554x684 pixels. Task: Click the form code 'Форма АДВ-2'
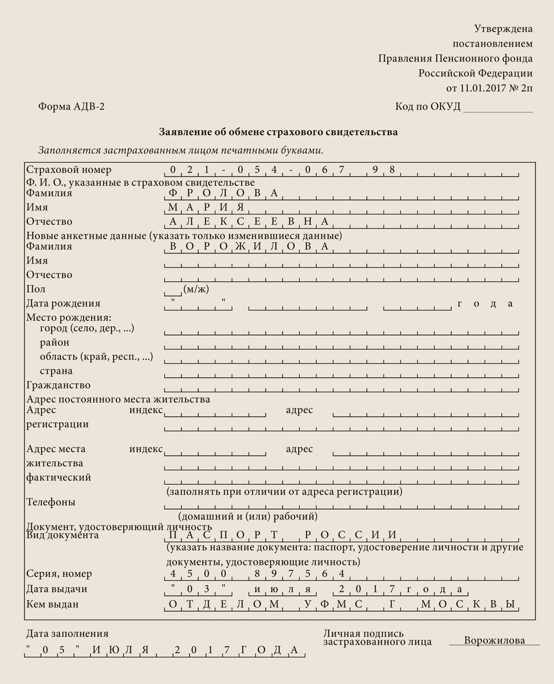coord(71,107)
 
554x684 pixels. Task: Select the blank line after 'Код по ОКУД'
coord(497,108)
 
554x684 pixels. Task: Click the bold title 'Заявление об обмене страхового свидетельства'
coord(278,132)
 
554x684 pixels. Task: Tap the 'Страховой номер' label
coord(69,170)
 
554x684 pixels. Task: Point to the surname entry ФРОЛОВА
coord(223,193)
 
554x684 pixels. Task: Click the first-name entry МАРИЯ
coord(206,208)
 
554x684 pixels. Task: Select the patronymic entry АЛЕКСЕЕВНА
coord(249,222)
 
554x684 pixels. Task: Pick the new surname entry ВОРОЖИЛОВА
coord(249,246)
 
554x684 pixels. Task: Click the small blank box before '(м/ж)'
coord(172,290)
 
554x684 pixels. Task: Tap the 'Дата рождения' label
coord(63,304)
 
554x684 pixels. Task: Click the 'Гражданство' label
coord(58,385)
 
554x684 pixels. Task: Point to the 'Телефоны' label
coord(51,502)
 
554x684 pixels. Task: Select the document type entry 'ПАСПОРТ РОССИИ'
coord(283,535)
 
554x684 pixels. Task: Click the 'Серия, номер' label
coord(59,574)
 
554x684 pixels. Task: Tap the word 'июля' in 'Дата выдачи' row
coord(283,589)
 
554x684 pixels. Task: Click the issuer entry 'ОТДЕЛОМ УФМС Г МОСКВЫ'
coord(341,604)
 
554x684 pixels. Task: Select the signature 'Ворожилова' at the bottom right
coord(494,641)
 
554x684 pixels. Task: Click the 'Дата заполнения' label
coord(67,634)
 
